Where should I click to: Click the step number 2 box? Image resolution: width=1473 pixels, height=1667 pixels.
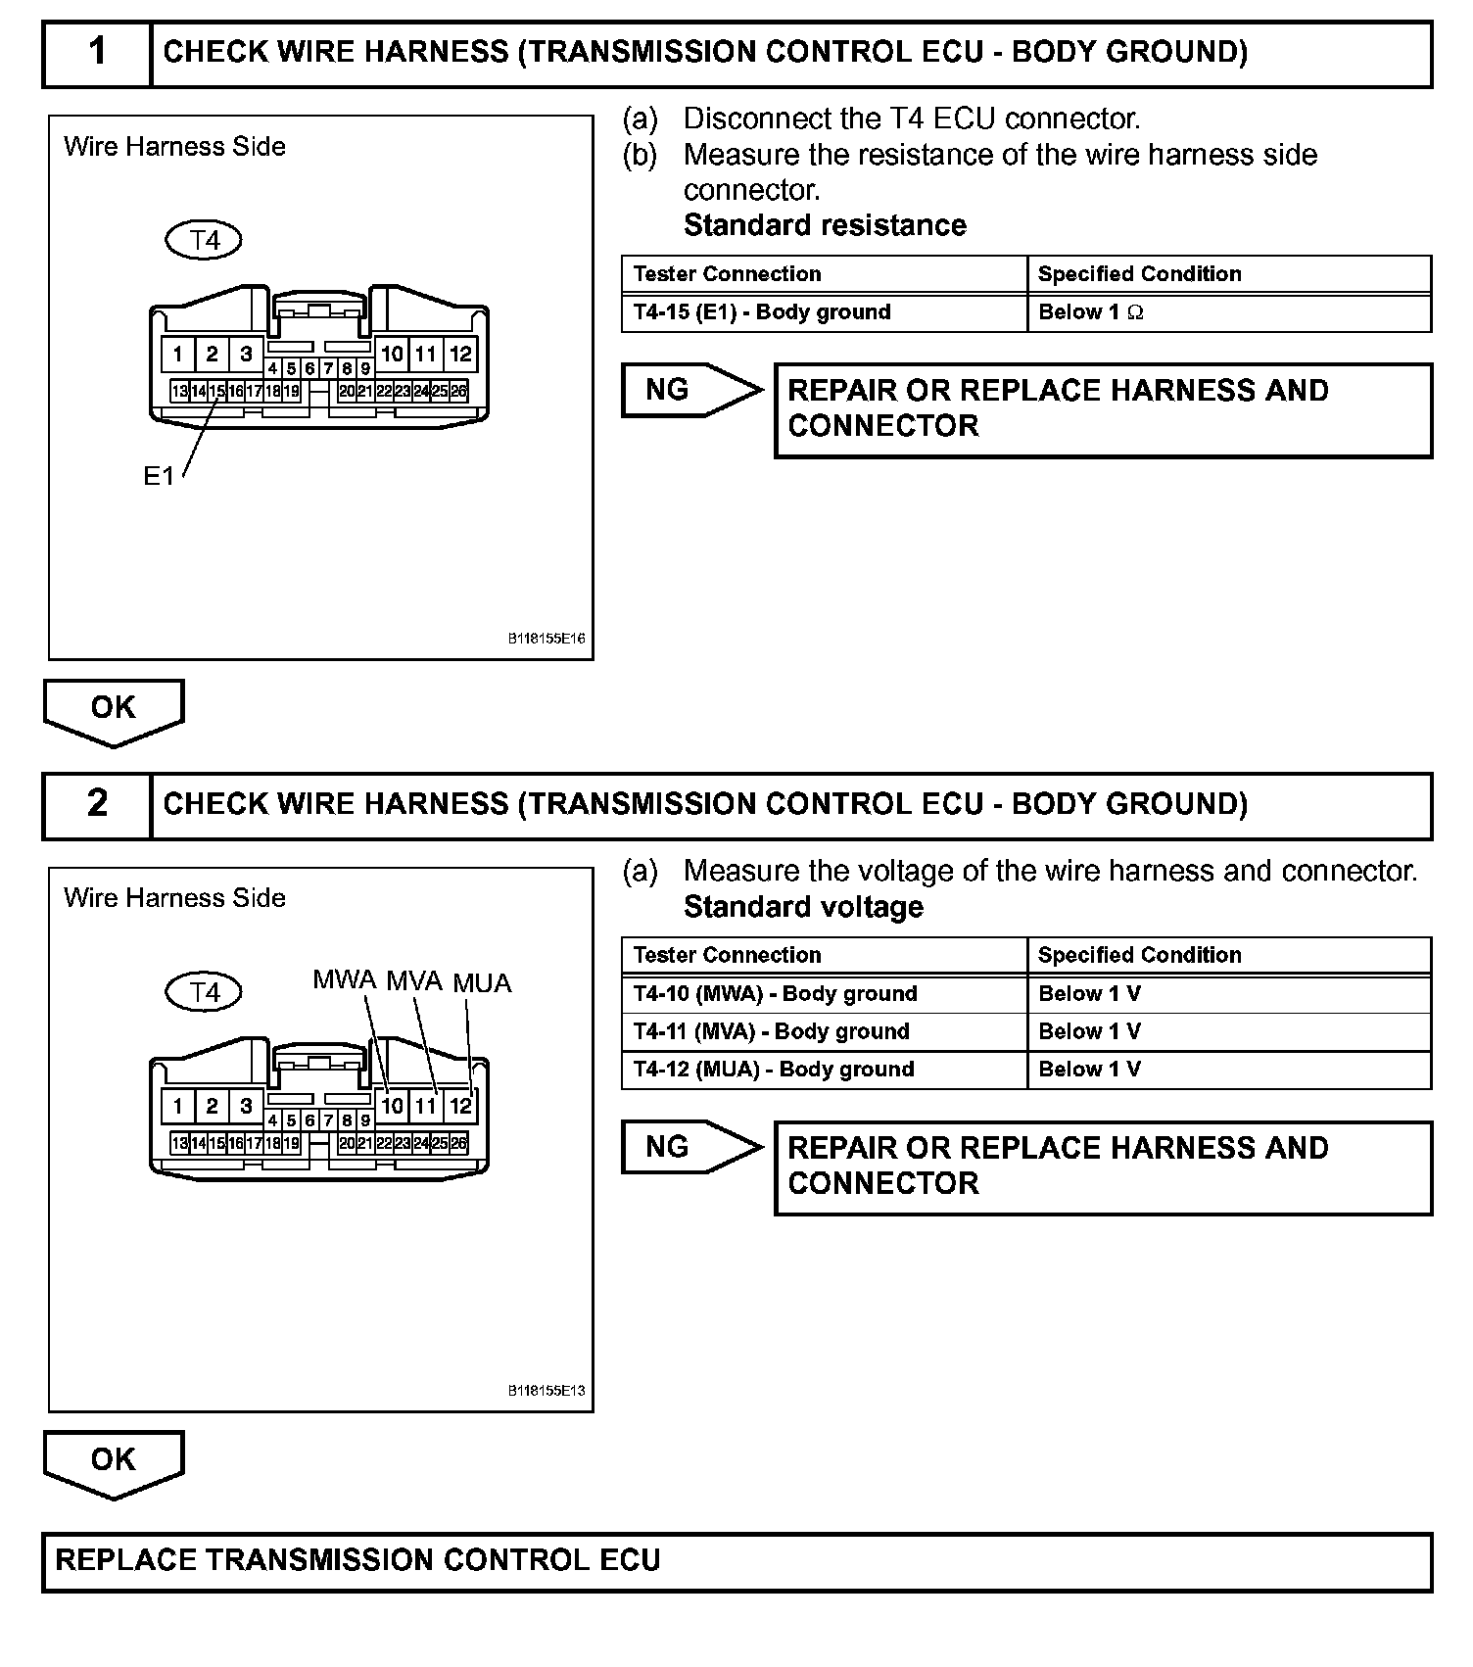(97, 804)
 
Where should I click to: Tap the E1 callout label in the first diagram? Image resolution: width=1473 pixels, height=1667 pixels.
(158, 476)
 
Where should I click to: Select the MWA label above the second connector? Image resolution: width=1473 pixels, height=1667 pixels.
(344, 979)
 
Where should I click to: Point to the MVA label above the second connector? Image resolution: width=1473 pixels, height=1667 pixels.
(414, 980)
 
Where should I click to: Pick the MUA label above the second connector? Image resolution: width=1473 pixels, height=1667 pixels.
(482, 983)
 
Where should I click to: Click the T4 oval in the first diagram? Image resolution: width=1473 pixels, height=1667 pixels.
(204, 240)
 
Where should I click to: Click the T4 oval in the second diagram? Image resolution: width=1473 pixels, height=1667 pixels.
(204, 992)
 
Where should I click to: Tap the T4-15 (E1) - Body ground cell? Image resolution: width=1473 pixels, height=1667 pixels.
(824, 312)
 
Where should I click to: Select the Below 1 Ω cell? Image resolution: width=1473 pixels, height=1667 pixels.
(1228, 312)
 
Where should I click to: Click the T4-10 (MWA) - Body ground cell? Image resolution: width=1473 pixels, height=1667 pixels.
(824, 994)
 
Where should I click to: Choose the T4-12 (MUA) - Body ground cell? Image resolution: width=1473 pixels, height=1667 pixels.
(824, 1070)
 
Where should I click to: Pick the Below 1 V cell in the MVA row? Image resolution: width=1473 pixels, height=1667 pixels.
(1228, 1031)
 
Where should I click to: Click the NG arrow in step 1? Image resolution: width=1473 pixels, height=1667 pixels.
(690, 390)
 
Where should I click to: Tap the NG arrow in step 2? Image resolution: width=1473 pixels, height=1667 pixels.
(690, 1147)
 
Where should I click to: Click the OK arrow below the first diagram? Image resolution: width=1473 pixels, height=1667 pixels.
(114, 710)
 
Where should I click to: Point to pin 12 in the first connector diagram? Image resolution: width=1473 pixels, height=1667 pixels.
(460, 354)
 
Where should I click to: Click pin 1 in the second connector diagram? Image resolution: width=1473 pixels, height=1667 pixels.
(177, 1107)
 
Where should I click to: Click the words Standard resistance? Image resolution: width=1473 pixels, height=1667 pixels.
(825, 225)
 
